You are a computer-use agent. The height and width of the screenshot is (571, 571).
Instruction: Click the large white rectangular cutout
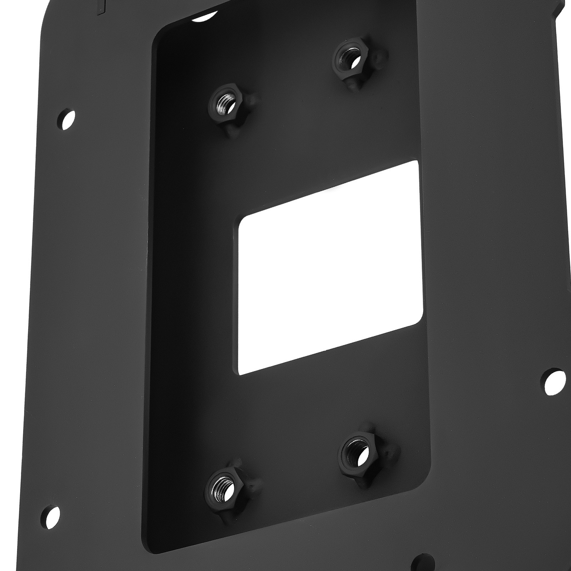coord(330,268)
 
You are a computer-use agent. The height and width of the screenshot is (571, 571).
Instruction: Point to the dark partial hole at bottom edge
coord(423,564)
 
